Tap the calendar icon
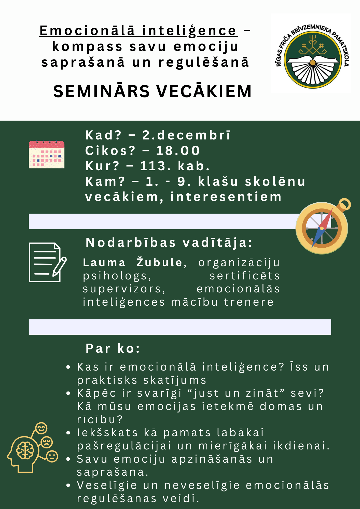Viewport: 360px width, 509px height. pos(47,154)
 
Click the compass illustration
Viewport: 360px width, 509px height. pos(323,226)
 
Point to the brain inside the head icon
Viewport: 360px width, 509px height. pos(25,450)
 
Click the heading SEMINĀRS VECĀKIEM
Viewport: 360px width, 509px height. pos(153,91)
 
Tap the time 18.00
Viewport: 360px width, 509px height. pos(178,150)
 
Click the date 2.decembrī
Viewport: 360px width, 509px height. pos(186,135)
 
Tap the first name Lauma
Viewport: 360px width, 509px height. pos(104,263)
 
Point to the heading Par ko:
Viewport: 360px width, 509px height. pos(113,348)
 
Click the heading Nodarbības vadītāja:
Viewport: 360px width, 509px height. pos(169,243)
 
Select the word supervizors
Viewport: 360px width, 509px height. pos(124,289)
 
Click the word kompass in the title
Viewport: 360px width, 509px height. pos(87,47)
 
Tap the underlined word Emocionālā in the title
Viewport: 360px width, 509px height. pos(87,31)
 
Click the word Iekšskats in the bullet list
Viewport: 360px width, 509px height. pos(107,432)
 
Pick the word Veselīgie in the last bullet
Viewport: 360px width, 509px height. pos(107,485)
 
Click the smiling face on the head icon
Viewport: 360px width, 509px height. pos(41,428)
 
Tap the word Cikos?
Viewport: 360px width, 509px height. pos(110,150)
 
